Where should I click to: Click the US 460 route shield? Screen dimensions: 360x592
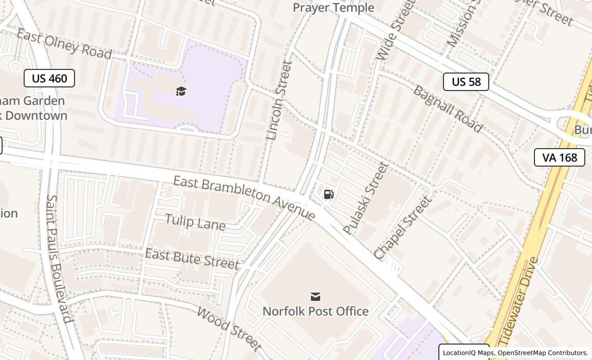pos(49,78)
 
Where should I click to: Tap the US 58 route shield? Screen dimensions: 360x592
pos(466,82)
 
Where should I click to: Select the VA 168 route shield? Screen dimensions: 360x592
pos(559,157)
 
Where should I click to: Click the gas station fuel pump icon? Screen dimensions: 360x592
pos(328,194)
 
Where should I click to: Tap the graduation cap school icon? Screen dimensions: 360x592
pos(181,92)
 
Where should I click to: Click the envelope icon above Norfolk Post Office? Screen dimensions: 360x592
pos(316,297)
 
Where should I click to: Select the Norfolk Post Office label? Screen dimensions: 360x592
pos(316,311)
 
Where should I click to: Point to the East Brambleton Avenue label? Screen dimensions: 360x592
pos(244,197)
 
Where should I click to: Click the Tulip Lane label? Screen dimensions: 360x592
pos(195,222)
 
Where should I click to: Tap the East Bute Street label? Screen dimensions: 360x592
pos(192,258)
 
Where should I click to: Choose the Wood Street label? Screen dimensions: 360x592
pos(230,329)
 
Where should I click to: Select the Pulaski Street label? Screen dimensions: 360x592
pos(366,198)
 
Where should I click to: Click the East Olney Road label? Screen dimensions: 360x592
pos(64,44)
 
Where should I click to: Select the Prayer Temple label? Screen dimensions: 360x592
pos(333,8)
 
